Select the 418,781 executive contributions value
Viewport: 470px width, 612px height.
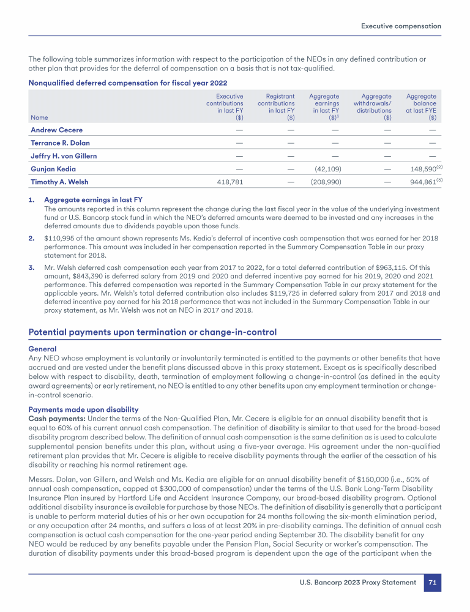click(x=231, y=182)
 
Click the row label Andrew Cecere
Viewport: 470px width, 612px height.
click(x=56, y=130)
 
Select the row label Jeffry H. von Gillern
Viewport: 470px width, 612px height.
click(x=64, y=155)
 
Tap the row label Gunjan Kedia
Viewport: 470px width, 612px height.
click(x=53, y=169)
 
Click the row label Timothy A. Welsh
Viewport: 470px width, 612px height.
click(x=59, y=182)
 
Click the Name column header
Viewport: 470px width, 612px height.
click(x=39, y=118)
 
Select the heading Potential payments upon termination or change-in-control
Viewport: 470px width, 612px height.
click(x=152, y=332)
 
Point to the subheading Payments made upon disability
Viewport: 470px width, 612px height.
click(x=84, y=409)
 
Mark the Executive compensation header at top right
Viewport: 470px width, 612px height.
click(x=401, y=26)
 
